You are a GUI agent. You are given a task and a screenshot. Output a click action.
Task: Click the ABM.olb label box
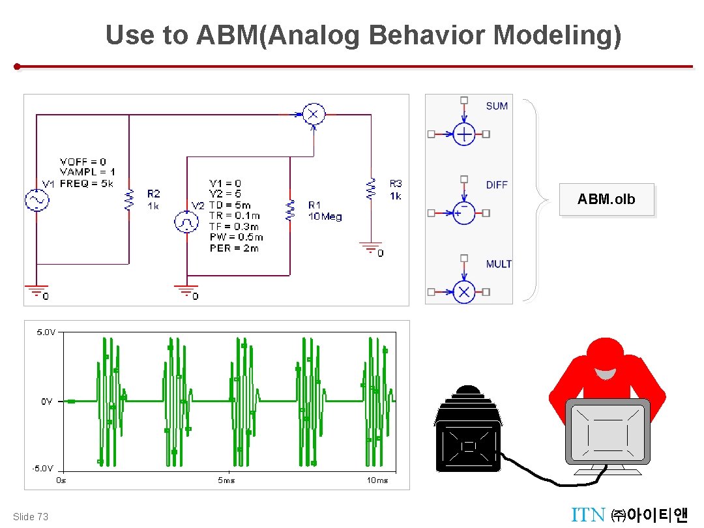(x=606, y=199)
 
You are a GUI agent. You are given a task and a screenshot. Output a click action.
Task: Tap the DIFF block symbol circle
(x=463, y=213)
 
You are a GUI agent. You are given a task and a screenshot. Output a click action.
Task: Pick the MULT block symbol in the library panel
(x=463, y=291)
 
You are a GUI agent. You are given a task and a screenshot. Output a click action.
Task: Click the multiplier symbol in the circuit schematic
(x=314, y=115)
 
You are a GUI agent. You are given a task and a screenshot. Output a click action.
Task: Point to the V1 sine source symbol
(x=37, y=201)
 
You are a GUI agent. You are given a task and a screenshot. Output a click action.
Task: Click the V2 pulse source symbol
(x=186, y=222)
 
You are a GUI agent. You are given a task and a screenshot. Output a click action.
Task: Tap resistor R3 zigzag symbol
(x=372, y=188)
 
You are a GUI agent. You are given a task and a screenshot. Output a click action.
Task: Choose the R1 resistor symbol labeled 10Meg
(x=289, y=210)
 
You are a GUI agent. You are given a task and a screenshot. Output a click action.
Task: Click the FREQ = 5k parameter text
(x=86, y=184)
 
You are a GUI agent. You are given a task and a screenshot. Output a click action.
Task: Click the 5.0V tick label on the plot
(x=46, y=332)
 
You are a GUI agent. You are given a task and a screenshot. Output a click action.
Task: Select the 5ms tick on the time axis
(x=226, y=480)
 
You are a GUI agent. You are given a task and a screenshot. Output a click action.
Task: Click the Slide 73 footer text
(x=31, y=517)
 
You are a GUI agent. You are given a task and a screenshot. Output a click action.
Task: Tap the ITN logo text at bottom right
(x=588, y=515)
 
